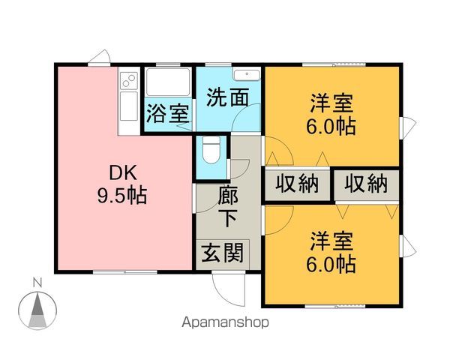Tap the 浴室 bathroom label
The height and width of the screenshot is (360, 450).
[x=167, y=115]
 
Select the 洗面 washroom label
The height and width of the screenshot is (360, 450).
[x=227, y=97]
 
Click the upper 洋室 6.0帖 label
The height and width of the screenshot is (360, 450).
[x=330, y=113]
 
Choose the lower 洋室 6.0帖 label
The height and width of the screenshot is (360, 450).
[x=330, y=253]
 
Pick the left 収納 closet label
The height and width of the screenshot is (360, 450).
[x=296, y=183]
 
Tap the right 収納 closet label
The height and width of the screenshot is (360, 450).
[x=367, y=183]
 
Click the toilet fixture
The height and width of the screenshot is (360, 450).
[x=211, y=150]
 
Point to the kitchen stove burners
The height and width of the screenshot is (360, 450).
[x=127, y=78]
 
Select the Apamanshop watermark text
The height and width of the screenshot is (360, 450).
[x=224, y=324]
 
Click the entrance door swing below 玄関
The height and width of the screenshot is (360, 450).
[x=224, y=285]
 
